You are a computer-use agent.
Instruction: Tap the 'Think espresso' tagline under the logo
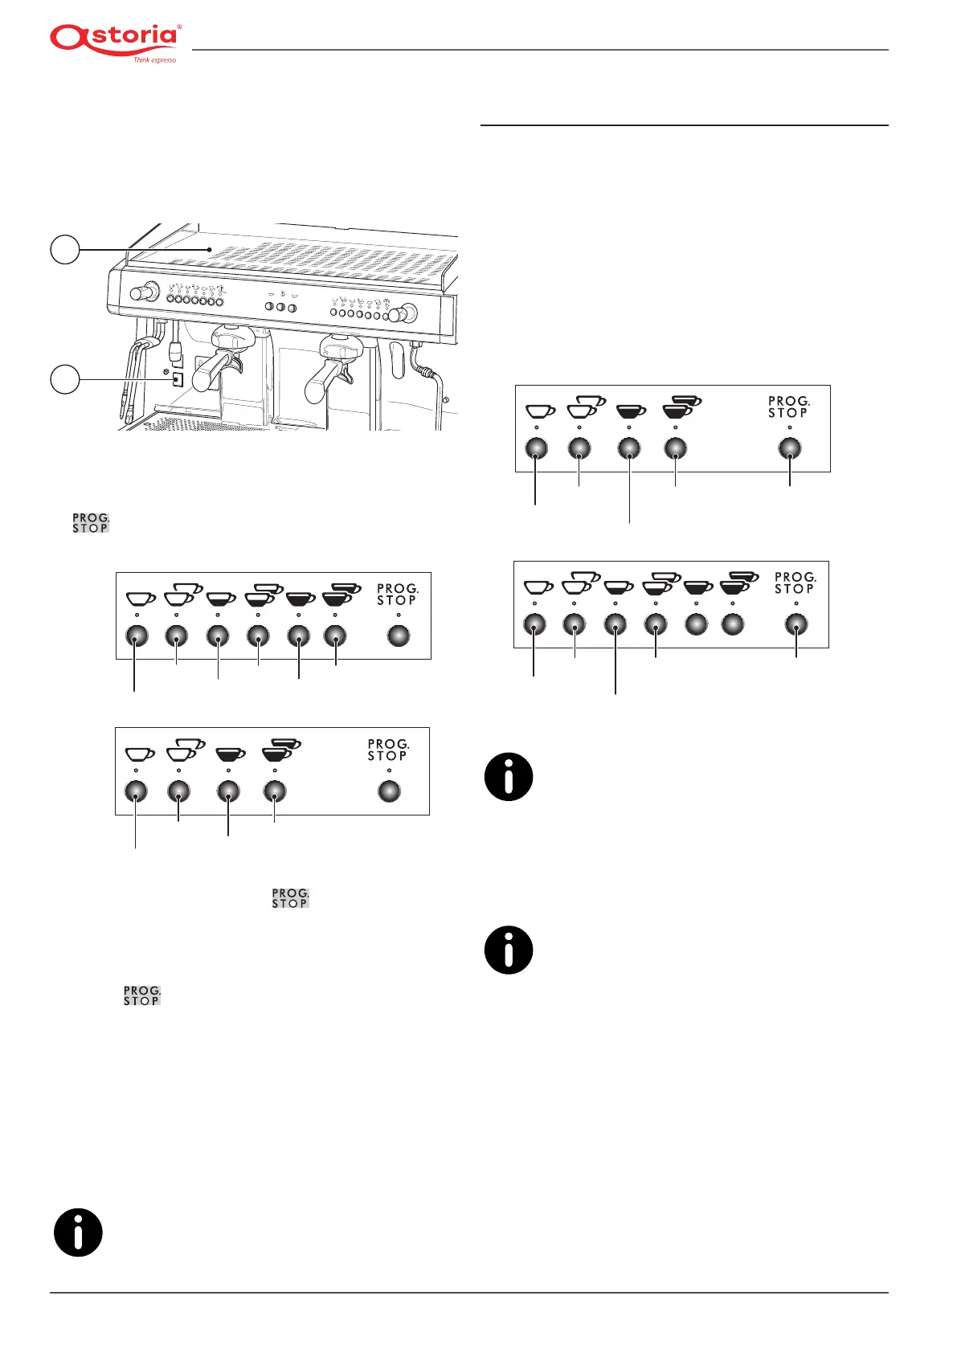[154, 60]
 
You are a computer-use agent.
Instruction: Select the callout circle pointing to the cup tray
[65, 250]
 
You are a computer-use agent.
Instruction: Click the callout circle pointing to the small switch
[65, 378]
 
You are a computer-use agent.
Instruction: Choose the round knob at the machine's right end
[407, 313]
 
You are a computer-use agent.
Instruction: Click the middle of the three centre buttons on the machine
[280, 308]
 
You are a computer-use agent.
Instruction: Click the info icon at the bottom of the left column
[78, 1232]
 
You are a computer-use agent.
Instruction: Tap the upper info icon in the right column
[509, 777]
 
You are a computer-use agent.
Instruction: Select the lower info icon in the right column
[509, 950]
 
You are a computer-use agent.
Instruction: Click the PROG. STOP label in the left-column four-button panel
[387, 750]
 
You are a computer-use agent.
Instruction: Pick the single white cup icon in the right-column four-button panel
[540, 411]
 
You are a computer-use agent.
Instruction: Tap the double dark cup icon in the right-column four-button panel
[680, 407]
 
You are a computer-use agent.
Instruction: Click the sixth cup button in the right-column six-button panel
[732, 624]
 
